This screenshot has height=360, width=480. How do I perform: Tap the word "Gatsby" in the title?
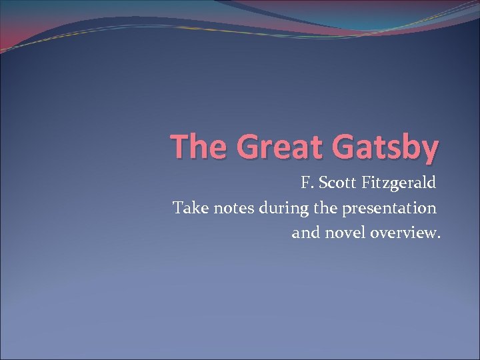click(385, 147)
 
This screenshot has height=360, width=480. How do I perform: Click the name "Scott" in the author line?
click(337, 182)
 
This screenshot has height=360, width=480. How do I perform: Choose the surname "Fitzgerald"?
click(399, 183)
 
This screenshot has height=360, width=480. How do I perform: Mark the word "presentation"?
click(390, 209)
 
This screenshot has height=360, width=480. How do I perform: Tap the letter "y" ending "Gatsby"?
click(429, 150)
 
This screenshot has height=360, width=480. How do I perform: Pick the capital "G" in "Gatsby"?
click(345, 146)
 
